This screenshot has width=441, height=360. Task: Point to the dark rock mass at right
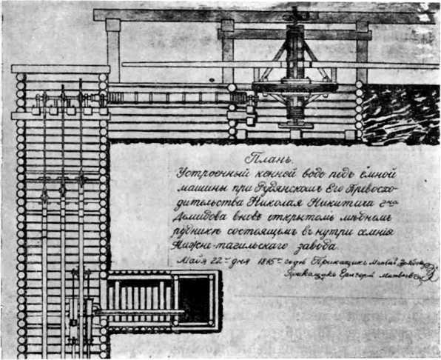point(400,110)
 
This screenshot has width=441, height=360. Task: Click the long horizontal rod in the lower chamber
point(141,311)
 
